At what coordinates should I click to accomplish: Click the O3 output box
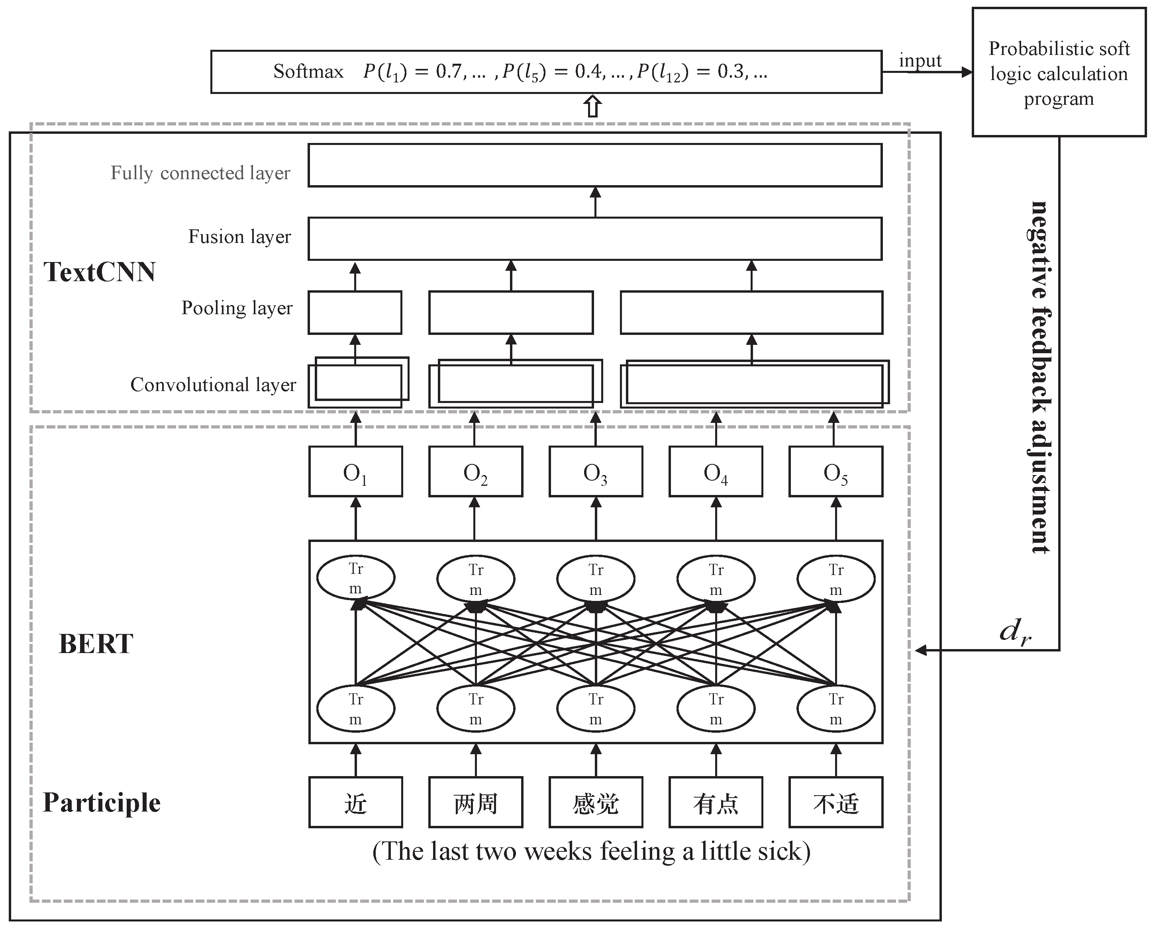[595, 471]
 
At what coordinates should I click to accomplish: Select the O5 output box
[835, 471]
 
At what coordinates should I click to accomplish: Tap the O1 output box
[355, 471]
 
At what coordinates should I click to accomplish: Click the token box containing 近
[355, 802]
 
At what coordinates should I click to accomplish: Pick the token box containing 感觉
[595, 802]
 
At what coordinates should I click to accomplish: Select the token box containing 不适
[835, 802]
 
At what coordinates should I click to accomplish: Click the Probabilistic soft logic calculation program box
[1059, 72]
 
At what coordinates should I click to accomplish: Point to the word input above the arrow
[920, 60]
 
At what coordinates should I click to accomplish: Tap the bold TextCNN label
[100, 272]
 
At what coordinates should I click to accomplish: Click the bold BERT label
[96, 644]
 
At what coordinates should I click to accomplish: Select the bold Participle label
[102, 802]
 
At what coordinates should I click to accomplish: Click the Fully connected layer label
[200, 173]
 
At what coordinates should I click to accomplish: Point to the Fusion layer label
[239, 237]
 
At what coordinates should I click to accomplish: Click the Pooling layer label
[237, 308]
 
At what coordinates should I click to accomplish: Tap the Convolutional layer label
[213, 385]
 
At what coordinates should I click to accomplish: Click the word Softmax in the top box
[308, 72]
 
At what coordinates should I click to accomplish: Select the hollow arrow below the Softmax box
[592, 106]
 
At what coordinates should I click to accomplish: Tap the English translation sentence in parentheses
[591, 851]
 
